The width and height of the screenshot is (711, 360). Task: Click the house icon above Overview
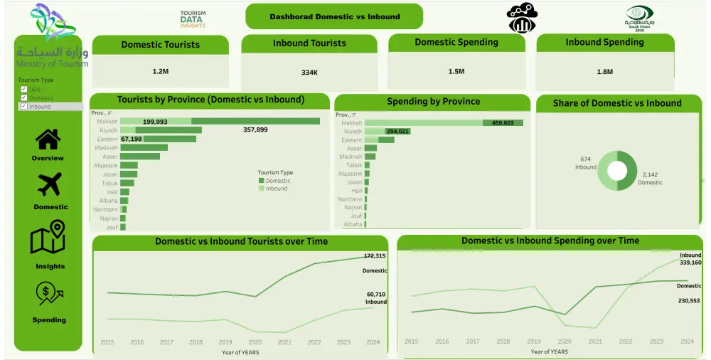coord(48,139)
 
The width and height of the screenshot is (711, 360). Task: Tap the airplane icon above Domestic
coord(48,185)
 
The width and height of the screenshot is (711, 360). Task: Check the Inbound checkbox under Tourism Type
coord(24,107)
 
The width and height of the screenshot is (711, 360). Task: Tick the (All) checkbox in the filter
coord(24,89)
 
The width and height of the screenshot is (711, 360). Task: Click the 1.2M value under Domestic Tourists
coord(160,72)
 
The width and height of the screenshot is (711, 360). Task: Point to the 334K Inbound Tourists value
coord(309,73)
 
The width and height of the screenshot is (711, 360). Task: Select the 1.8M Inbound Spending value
coord(604,72)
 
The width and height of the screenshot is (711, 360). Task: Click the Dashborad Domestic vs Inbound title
coord(334,16)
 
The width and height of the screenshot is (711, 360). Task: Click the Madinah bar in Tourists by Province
coord(144,147)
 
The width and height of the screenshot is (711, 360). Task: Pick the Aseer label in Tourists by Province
coord(109,156)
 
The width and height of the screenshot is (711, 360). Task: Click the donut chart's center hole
coord(616,171)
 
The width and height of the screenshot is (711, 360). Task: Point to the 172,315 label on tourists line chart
coord(374,256)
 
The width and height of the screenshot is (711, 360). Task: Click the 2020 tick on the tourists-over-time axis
coord(255,342)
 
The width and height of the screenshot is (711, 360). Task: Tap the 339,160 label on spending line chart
coord(690,262)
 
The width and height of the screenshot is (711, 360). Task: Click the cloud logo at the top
coord(522,18)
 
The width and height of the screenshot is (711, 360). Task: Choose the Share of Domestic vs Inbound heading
coord(616,103)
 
